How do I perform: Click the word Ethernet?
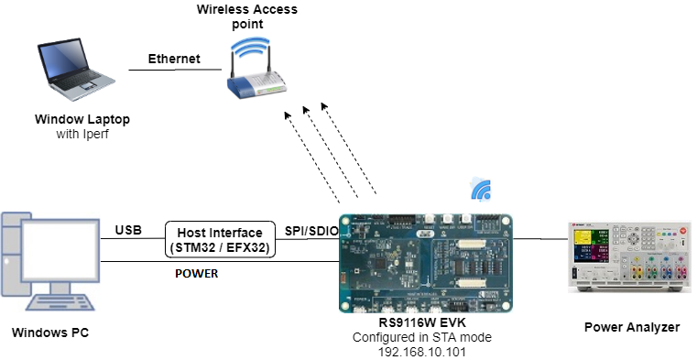point(174,59)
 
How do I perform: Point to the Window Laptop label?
point(82,120)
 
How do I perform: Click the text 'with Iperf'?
point(82,135)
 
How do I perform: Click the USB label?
point(128,230)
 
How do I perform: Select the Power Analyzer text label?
point(631,327)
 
